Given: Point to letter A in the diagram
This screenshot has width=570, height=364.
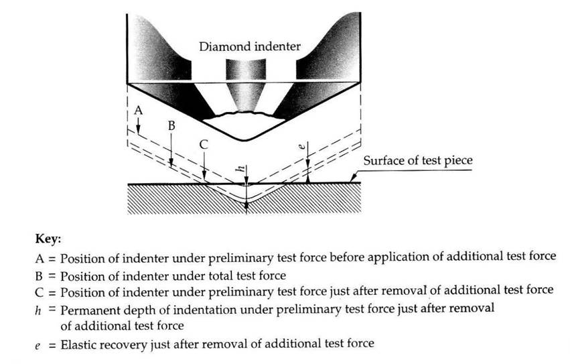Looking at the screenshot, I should point(137,109).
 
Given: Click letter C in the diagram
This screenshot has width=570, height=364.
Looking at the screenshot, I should point(204,143).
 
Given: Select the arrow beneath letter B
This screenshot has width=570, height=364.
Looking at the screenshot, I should point(171,151).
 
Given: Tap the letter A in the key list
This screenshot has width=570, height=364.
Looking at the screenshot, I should point(40,256).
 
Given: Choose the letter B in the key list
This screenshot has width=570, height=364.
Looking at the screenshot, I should point(40,274).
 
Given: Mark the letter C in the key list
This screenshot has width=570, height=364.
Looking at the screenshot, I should point(40,292).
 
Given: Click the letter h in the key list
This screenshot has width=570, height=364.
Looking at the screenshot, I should point(40,309).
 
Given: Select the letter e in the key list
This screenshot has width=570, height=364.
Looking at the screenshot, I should point(40,344).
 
